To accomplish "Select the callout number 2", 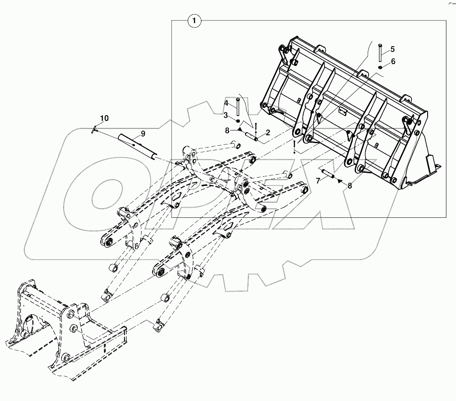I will click(268, 132).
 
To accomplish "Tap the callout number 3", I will click(226, 115).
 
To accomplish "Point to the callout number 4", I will click(226, 103).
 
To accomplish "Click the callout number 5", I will click(392, 49).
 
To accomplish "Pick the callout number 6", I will click(393, 62).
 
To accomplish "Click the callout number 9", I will click(143, 133).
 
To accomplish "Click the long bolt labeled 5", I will click(380, 53).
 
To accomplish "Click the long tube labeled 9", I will click(136, 146).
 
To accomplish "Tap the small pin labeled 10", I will click(94, 129).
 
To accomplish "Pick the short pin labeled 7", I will click(330, 176).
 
